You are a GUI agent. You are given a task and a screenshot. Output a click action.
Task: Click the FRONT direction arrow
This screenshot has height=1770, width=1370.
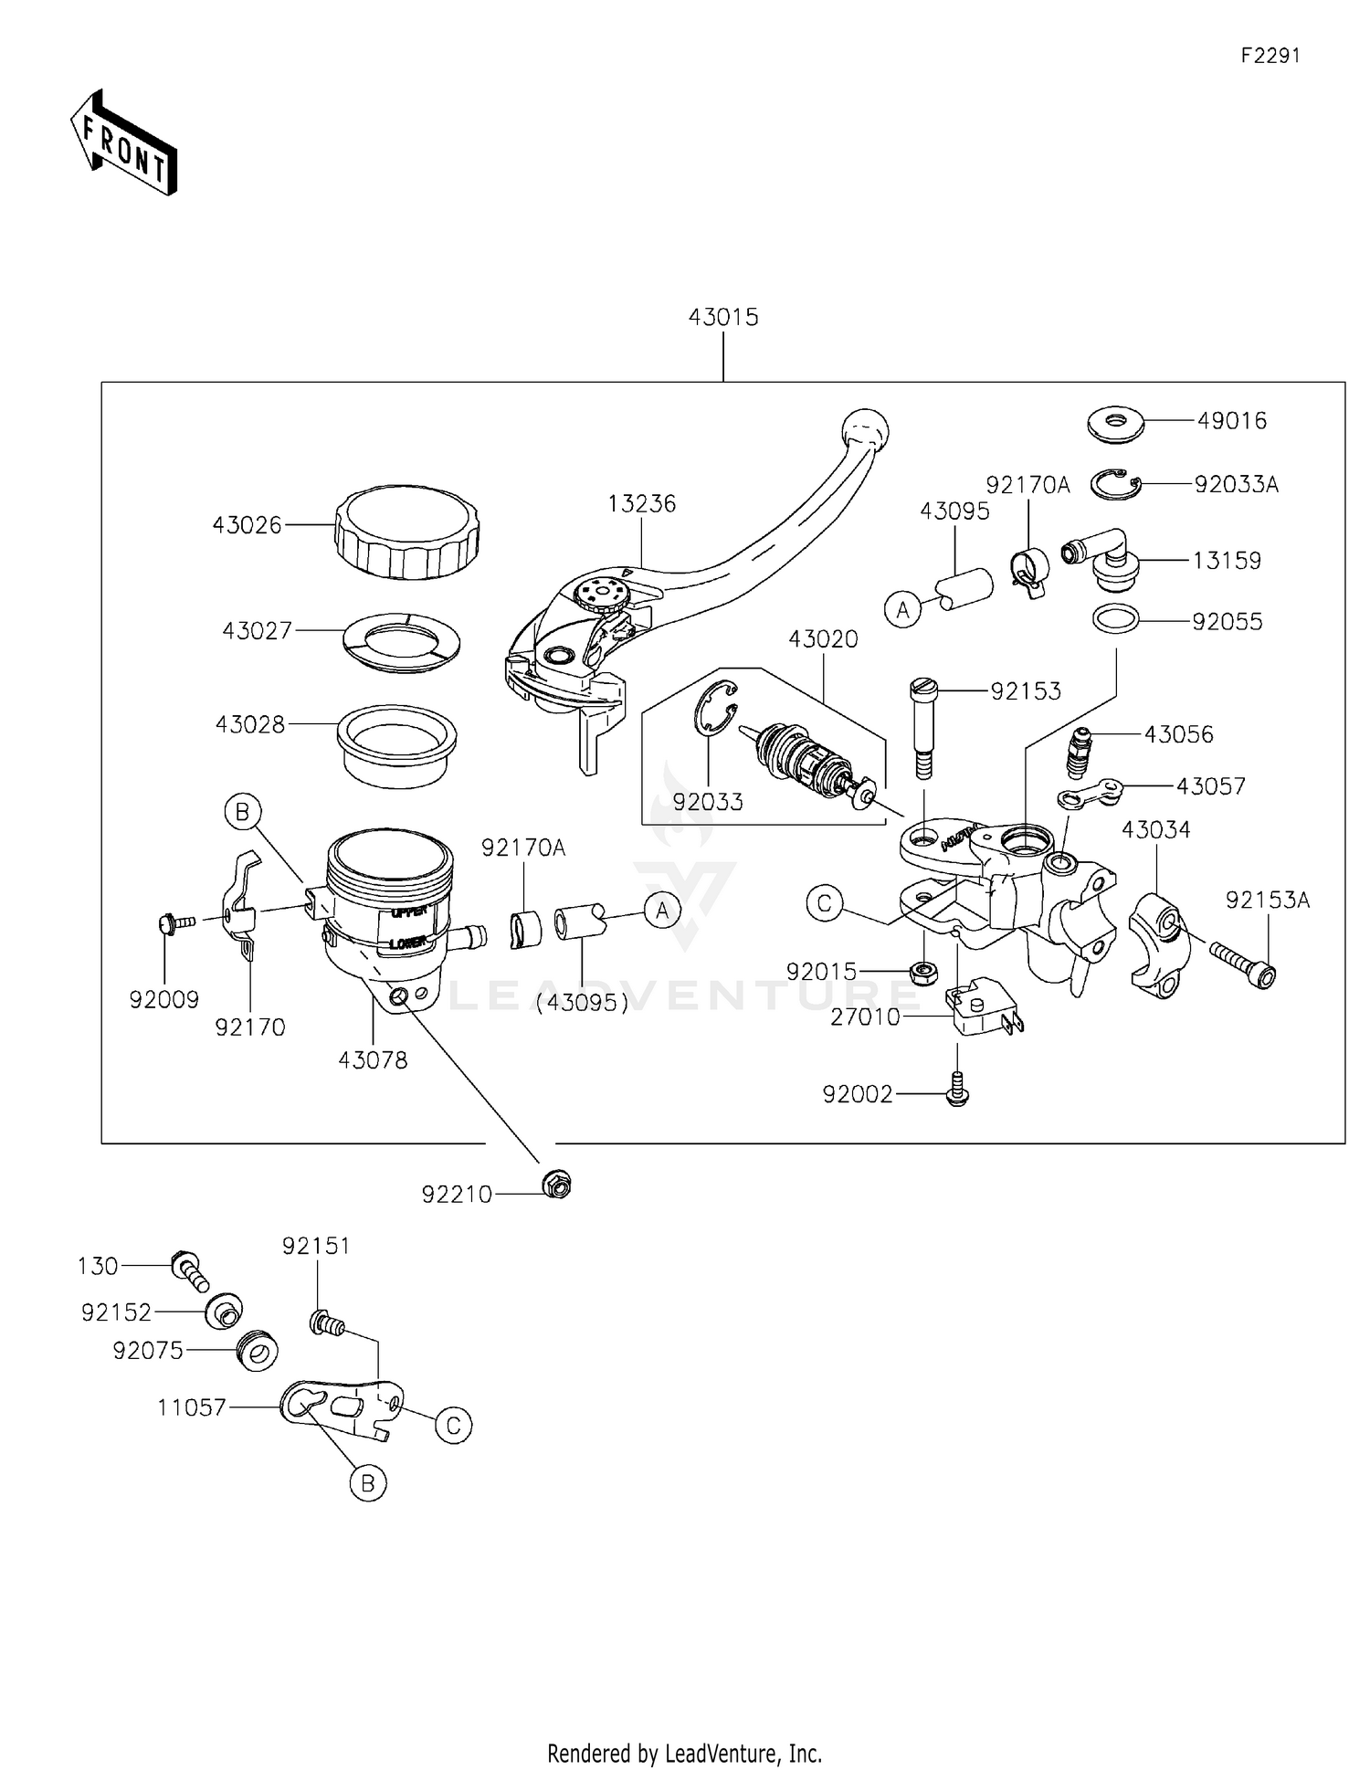point(123,142)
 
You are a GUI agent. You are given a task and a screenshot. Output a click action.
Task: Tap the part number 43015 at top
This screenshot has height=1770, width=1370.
point(723,317)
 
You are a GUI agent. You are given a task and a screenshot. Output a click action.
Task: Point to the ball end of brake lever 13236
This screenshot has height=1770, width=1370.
point(864,427)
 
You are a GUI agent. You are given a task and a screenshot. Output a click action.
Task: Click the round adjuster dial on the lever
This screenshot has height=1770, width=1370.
point(601,595)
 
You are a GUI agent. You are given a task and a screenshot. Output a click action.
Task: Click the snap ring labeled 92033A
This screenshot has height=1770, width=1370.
point(1116,484)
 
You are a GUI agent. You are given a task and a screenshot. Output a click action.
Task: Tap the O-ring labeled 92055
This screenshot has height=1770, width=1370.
point(1116,619)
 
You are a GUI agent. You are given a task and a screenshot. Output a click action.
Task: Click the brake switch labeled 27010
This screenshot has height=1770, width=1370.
point(981,1007)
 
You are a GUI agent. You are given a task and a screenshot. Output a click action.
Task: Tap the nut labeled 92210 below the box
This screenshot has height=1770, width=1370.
point(556,1185)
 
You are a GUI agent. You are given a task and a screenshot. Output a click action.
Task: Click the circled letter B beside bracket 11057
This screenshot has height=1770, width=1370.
point(367,1483)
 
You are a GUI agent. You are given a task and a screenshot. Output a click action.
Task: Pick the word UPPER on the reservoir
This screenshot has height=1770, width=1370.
point(408,912)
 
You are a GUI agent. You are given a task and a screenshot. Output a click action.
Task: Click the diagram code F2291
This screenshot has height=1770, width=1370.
point(1270,55)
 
